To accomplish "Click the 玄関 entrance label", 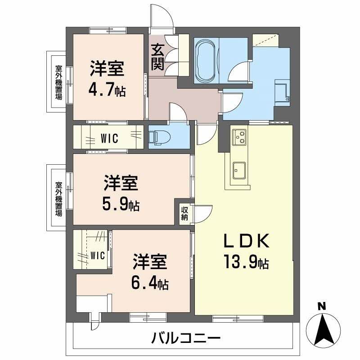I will [157, 55].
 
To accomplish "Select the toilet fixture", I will [157, 135].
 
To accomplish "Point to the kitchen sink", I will [239, 170].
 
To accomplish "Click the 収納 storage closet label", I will [185, 211].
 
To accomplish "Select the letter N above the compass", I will [321, 306].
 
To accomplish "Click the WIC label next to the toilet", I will [109, 139].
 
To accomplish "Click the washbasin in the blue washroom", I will [282, 90].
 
